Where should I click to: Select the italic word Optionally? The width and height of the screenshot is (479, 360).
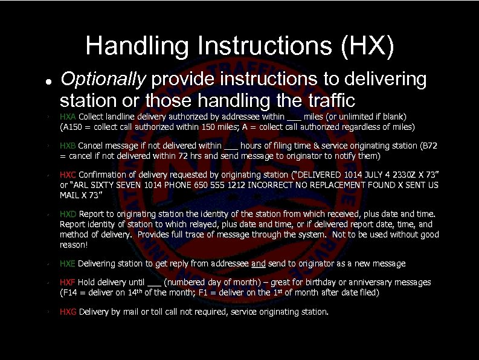coord(103,80)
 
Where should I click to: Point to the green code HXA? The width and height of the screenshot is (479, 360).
coord(68,117)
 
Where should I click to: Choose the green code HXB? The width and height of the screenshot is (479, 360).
coord(68,146)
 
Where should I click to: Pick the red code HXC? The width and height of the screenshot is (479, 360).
coord(68,175)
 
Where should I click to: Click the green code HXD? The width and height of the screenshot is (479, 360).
coord(68,214)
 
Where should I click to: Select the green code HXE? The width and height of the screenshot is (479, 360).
coord(68,263)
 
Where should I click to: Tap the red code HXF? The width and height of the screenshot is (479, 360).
coord(68,282)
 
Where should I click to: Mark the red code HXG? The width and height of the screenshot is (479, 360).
coord(68,312)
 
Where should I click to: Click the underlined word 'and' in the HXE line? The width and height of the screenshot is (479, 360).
coord(258,263)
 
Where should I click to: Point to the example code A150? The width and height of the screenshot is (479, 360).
coord(72,127)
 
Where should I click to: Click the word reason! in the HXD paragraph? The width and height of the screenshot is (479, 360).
coord(74,245)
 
